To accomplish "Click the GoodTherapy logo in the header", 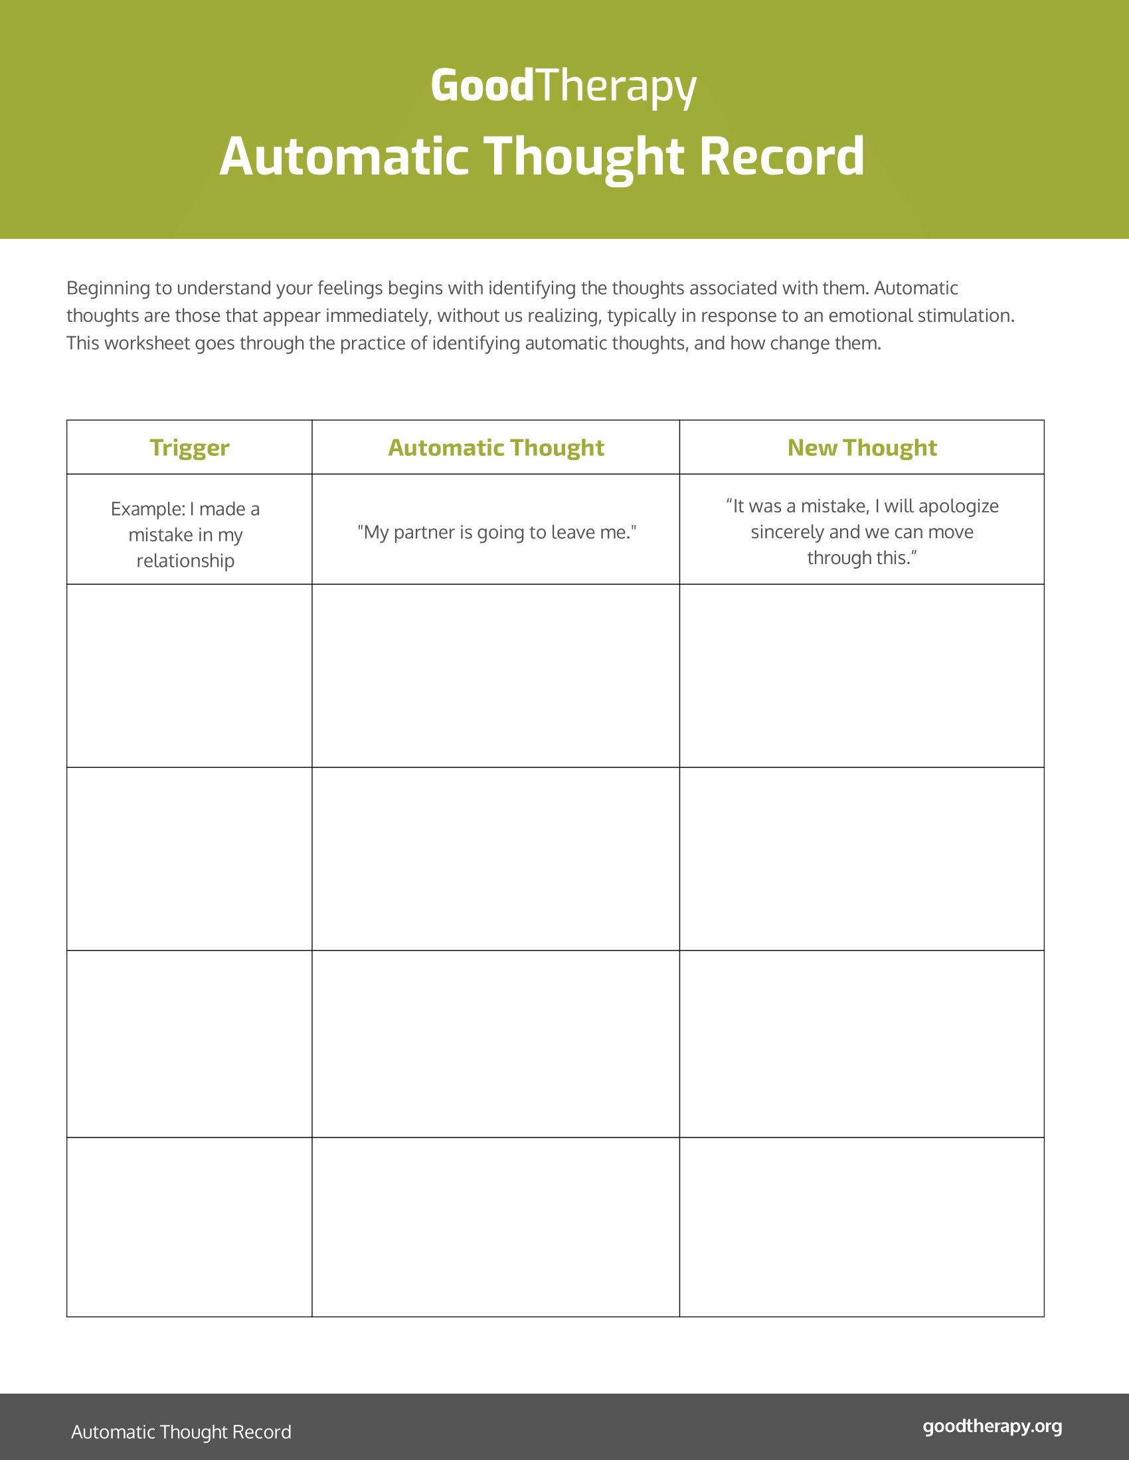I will (x=563, y=86).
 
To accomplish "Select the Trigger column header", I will (x=189, y=447).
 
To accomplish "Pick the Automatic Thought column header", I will (x=495, y=447).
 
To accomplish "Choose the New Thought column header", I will (x=861, y=447).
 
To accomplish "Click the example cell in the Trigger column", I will (x=185, y=534).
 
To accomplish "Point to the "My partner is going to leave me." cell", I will (x=496, y=532).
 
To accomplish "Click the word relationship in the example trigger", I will (x=185, y=560).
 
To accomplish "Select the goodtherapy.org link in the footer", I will (x=992, y=1426).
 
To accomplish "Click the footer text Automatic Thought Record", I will (x=181, y=1431).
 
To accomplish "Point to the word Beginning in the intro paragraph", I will (x=108, y=288).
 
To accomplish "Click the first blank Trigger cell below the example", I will (x=189, y=675).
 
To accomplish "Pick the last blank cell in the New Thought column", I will (x=861, y=1226).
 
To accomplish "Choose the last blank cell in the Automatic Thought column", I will (x=495, y=1226).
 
